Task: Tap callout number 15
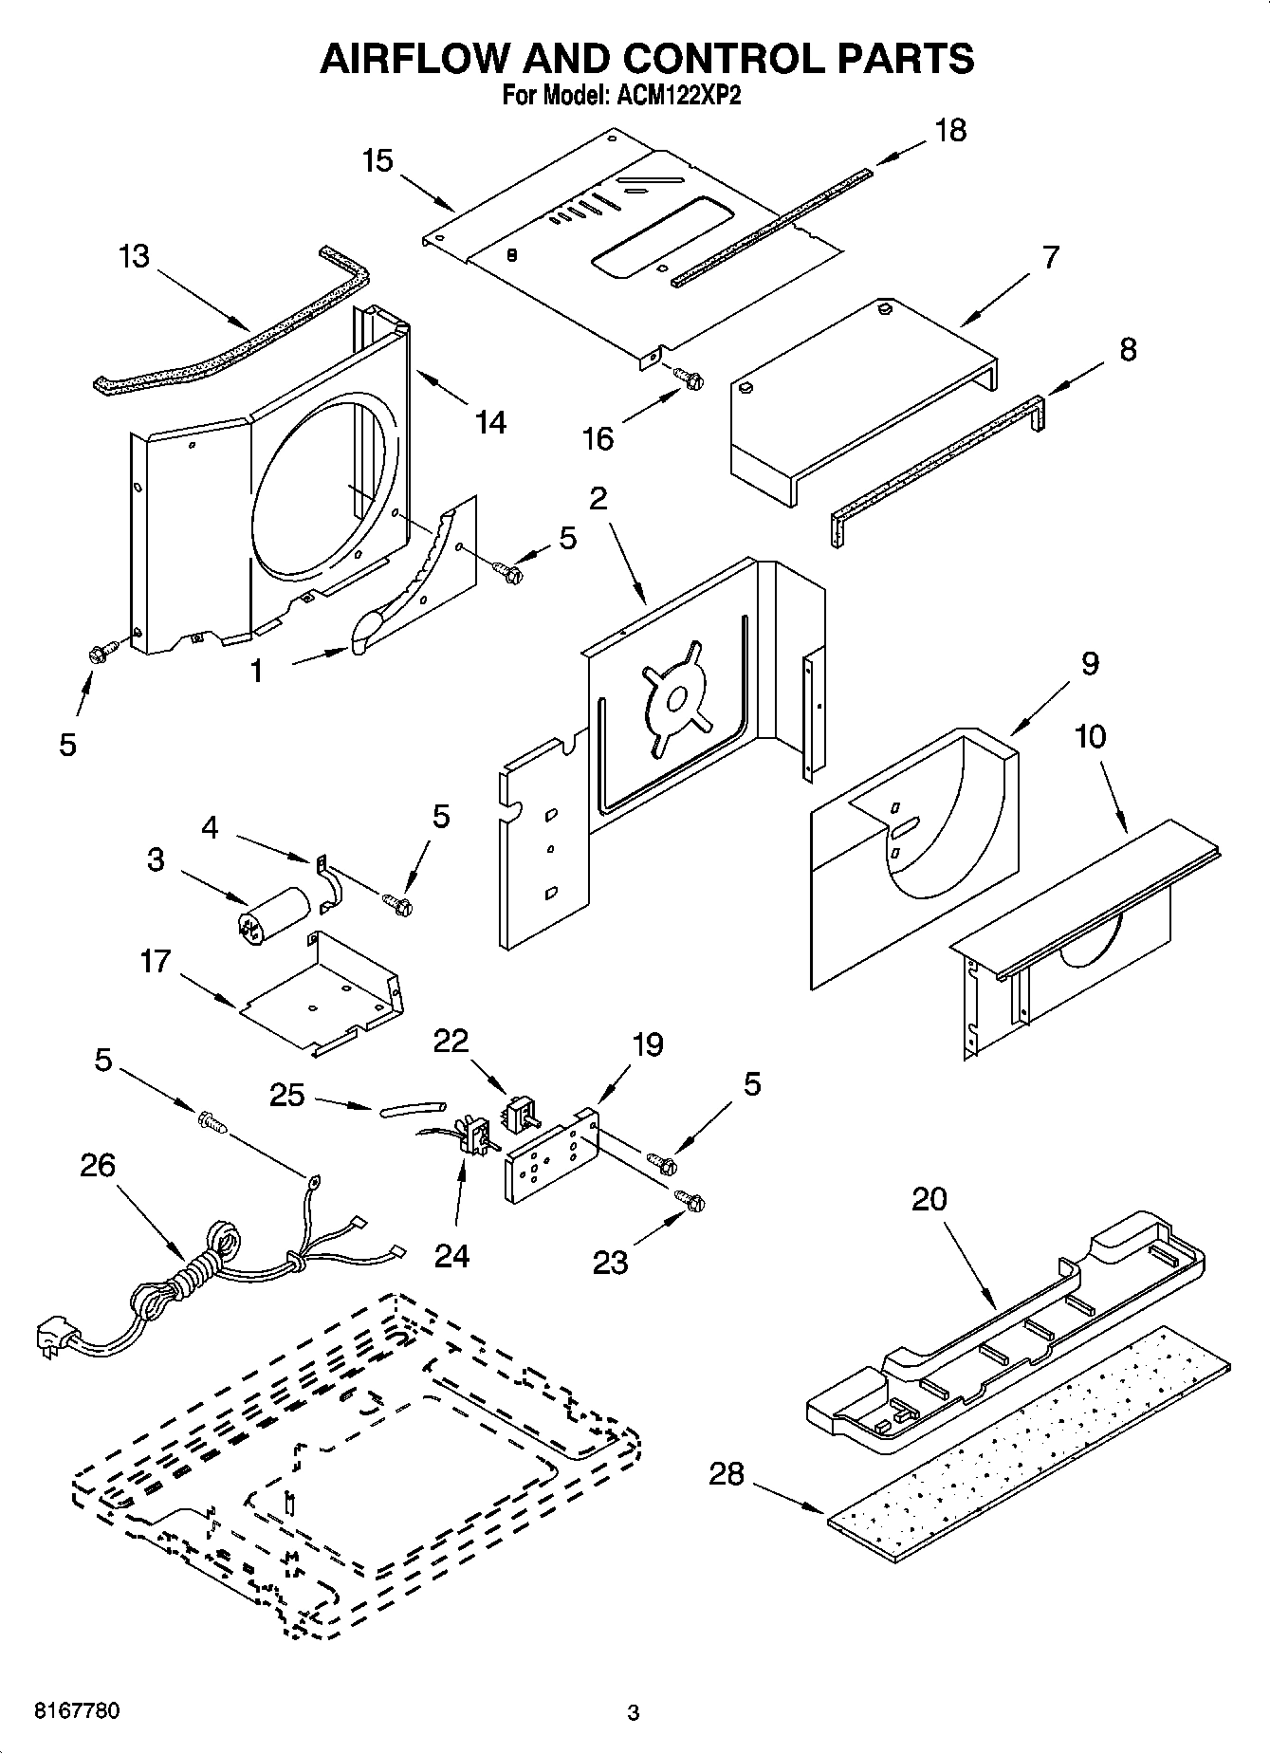pos(377,160)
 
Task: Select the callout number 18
pos(950,130)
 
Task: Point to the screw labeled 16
pos(689,378)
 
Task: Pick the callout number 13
pos(135,256)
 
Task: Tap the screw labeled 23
pos(690,1201)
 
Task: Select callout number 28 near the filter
pos(727,1474)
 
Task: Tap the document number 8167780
pos(77,1711)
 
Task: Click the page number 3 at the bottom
pos(634,1713)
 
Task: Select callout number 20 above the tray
pos(929,1199)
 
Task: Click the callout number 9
pos(1090,663)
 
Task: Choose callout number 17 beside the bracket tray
pos(155,961)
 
